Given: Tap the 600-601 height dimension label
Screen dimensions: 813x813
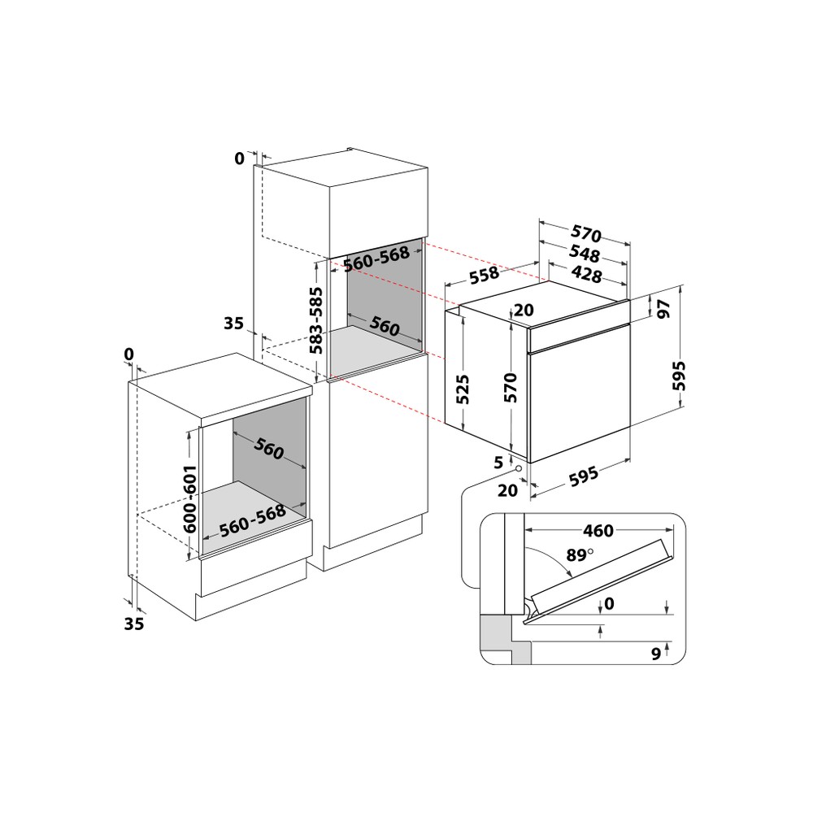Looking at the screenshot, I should click(189, 499).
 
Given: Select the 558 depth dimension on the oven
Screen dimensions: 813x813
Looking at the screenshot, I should click(485, 276).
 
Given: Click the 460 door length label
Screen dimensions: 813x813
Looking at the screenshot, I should click(598, 531).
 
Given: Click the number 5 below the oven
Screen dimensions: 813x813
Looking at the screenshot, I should click(498, 462).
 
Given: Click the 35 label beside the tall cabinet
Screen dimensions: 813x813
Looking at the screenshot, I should click(233, 324).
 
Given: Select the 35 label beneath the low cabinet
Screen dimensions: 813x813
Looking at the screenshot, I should click(135, 624).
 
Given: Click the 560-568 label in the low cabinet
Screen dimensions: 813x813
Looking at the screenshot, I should click(251, 519).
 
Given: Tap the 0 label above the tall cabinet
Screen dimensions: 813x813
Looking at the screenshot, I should click(239, 159).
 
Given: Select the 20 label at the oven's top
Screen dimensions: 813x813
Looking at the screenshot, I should click(523, 310).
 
